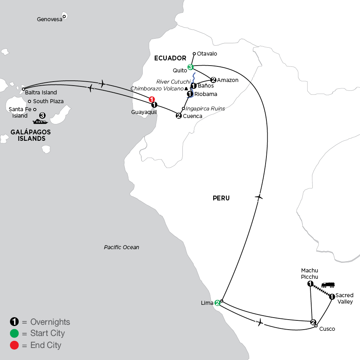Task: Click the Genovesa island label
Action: click(x=50, y=19)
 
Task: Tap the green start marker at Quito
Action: click(x=190, y=67)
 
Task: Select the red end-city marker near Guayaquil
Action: click(x=152, y=99)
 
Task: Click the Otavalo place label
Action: click(x=207, y=54)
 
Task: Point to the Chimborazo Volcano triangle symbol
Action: click(x=186, y=89)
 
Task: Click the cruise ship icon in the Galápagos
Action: click(x=40, y=122)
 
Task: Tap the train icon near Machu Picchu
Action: click(x=328, y=285)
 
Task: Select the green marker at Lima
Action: click(x=217, y=303)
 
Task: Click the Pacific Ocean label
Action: click(x=122, y=247)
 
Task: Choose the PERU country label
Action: click(x=221, y=198)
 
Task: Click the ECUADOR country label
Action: click(x=170, y=58)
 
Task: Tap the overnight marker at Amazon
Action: click(x=213, y=80)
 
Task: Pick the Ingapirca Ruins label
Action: click(x=205, y=108)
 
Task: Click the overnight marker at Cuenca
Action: click(x=179, y=116)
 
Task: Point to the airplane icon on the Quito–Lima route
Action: click(x=259, y=197)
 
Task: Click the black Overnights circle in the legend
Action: click(x=14, y=322)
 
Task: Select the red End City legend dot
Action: click(x=14, y=345)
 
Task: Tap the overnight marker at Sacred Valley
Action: click(x=332, y=297)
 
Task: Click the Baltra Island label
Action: click(x=41, y=92)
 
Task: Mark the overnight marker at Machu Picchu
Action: click(x=310, y=284)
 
